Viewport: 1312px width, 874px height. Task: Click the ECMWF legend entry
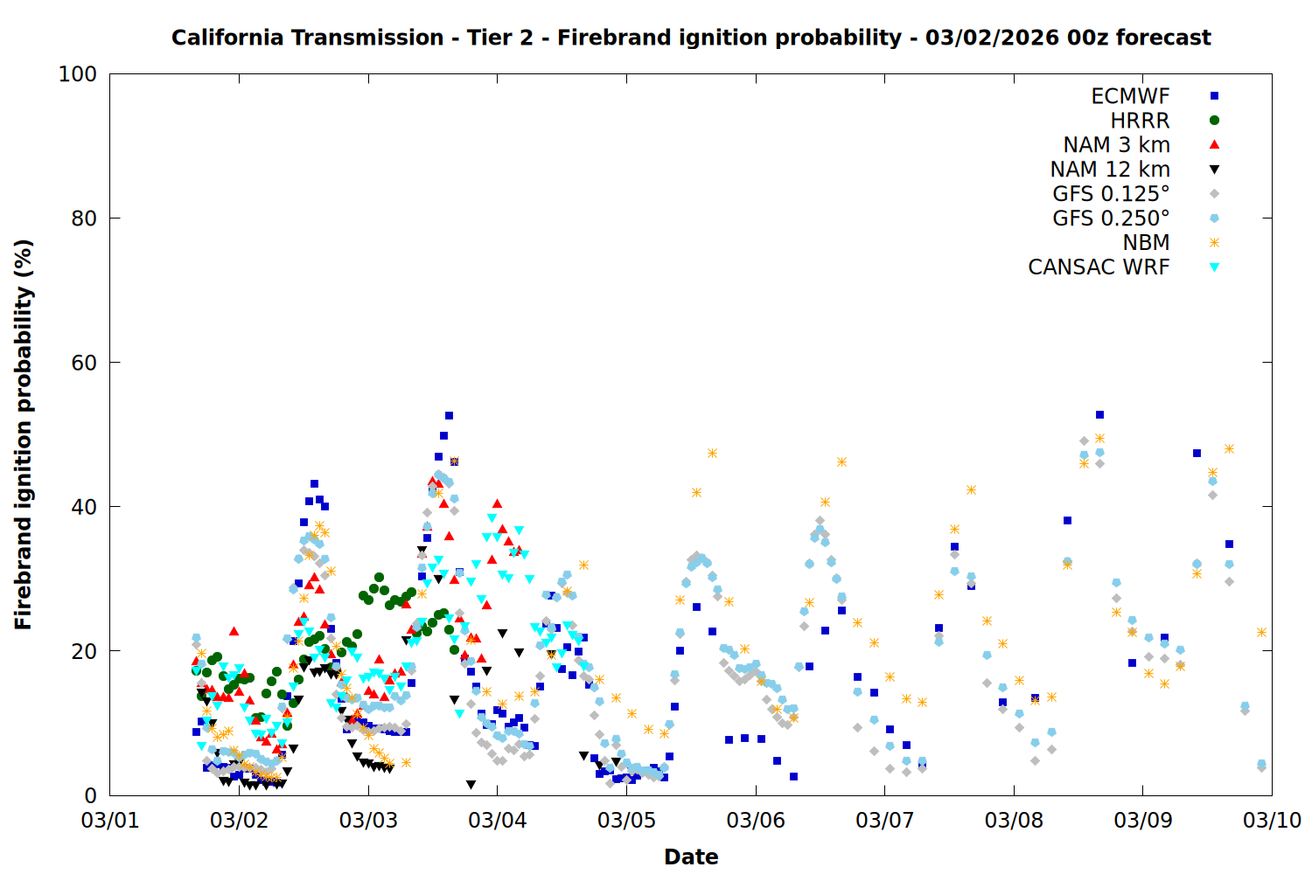[x=1130, y=96]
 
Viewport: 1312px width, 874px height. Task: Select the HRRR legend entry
[x=1140, y=121]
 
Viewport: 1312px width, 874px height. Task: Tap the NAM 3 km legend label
[x=1116, y=145]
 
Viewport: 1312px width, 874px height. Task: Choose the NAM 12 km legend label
[x=1110, y=170]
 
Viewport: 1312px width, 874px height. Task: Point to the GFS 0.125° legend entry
[x=1111, y=194]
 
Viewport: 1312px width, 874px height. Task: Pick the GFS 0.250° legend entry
[x=1111, y=218]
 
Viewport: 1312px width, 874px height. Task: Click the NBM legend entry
[x=1146, y=243]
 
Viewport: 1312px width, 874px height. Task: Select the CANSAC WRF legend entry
[x=1099, y=267]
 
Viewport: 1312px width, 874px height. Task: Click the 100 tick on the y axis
[x=78, y=74]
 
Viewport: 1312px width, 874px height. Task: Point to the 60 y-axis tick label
[x=84, y=363]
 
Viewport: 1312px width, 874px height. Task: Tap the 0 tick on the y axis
[x=90, y=795]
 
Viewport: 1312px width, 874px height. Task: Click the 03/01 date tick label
[x=110, y=821]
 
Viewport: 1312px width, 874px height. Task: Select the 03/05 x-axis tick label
[x=626, y=821]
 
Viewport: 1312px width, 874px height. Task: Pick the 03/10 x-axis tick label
[x=1272, y=821]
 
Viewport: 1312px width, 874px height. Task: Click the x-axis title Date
[x=691, y=857]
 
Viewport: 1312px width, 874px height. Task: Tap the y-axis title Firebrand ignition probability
[x=24, y=434]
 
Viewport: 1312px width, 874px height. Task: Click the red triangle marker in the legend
[x=1214, y=145]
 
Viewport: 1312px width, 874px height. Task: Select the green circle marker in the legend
[x=1214, y=121]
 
